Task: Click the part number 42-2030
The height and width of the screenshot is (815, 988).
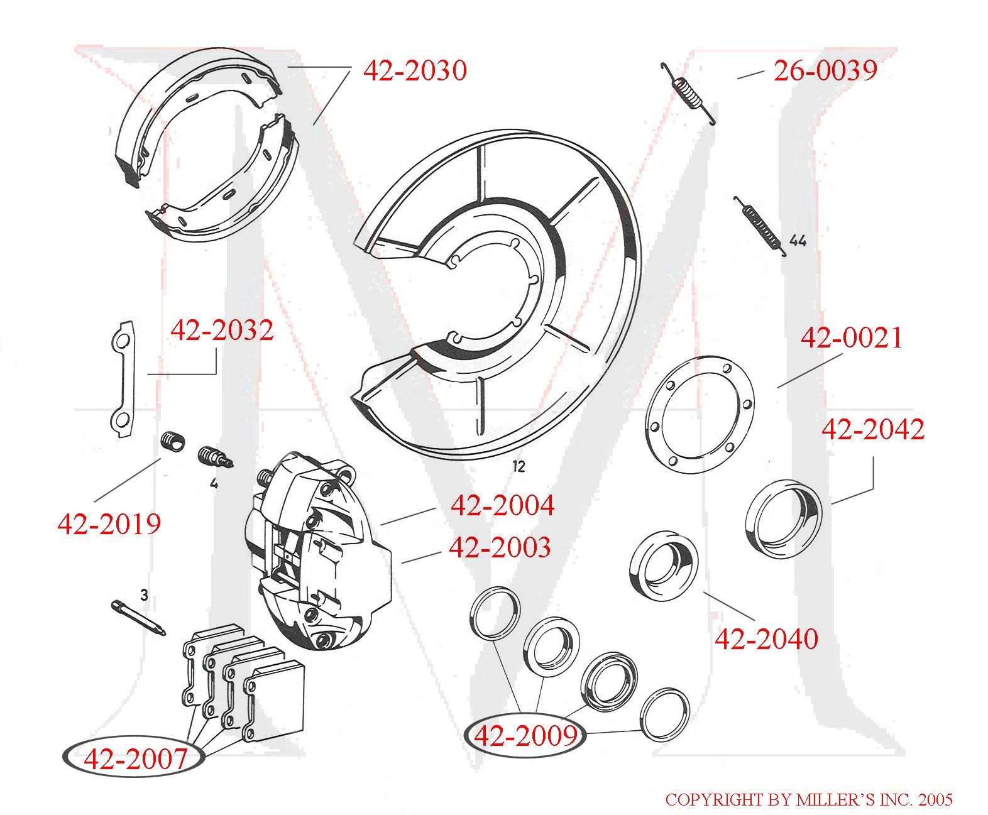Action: click(x=415, y=70)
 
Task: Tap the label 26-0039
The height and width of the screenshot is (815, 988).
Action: click(x=825, y=70)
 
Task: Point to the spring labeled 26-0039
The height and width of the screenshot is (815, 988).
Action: click(x=689, y=93)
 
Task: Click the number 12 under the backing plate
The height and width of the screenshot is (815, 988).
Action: click(x=518, y=467)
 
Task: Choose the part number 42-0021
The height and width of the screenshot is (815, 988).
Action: click(x=851, y=338)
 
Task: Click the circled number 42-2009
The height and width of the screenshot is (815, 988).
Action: click(x=525, y=735)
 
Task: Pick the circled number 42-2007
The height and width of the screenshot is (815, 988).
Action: click(x=134, y=758)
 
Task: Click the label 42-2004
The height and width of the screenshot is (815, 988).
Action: click(x=502, y=505)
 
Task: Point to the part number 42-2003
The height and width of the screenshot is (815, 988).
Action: click(x=500, y=547)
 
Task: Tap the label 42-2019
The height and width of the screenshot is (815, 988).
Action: click(x=109, y=523)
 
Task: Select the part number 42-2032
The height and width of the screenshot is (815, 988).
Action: click(x=222, y=329)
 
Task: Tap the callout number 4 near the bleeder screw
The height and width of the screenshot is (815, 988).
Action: click(x=214, y=484)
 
